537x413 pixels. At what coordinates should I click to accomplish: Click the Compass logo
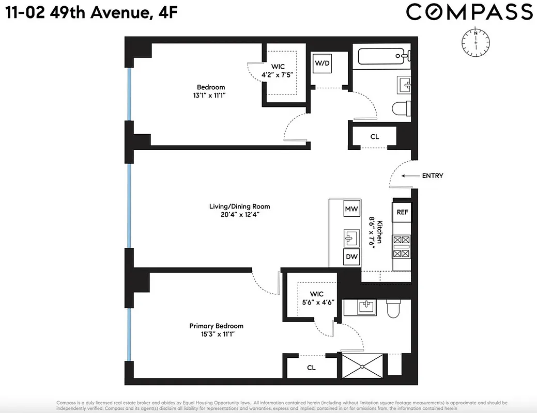tap(469, 12)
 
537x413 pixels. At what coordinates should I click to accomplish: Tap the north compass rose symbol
tap(475, 42)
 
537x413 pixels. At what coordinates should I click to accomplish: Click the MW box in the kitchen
tap(351, 209)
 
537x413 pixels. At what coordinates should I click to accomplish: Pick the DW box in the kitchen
tap(351, 257)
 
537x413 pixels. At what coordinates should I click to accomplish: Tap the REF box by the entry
tap(402, 212)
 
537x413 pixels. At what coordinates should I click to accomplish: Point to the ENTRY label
tap(432, 176)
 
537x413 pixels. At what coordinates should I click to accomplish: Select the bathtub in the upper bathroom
tap(380, 54)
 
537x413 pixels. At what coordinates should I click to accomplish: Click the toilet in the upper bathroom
tap(400, 109)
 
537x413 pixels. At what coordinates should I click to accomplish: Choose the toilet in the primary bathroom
tap(393, 308)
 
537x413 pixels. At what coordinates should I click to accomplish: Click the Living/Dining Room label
tap(239, 206)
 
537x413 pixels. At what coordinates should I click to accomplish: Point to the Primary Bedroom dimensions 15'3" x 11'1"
tap(216, 334)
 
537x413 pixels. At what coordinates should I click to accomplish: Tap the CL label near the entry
tap(375, 137)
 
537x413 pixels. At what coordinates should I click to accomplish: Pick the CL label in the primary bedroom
tap(311, 368)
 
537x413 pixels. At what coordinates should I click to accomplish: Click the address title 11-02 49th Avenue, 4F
tap(93, 12)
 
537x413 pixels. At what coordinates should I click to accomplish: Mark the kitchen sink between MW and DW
tap(351, 237)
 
